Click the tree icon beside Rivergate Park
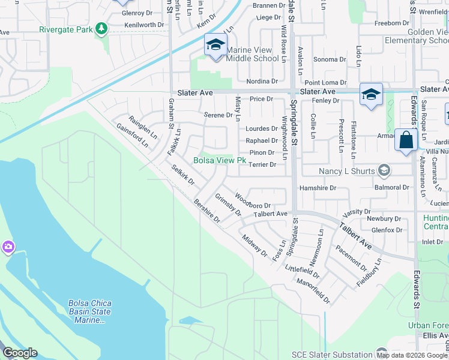(102, 28)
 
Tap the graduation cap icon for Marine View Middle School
(215, 45)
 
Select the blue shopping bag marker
(406, 140)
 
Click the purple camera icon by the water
(8, 247)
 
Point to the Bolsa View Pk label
(220, 161)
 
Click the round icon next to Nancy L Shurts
(383, 172)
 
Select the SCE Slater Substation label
(332, 355)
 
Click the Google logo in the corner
(20, 353)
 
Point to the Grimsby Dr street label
(228, 204)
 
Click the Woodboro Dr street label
(253, 201)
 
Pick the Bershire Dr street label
(207, 211)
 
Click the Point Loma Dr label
(325, 82)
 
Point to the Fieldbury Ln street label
(368, 274)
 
